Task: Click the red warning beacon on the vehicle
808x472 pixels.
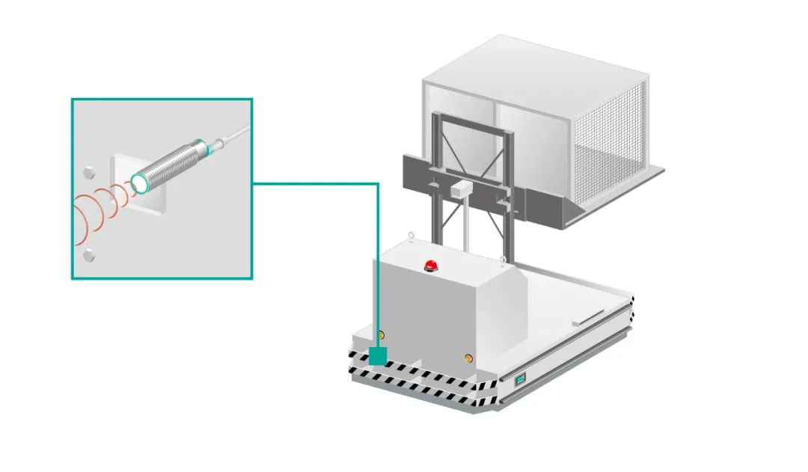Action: pos(430,265)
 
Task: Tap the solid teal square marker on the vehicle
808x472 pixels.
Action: pos(379,355)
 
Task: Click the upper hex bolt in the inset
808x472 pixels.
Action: pos(88,171)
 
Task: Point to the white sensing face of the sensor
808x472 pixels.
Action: pos(139,182)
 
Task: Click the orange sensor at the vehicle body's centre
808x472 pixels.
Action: pos(468,358)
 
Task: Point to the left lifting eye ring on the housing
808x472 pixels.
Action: pos(410,238)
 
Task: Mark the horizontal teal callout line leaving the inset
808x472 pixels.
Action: pos(314,183)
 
